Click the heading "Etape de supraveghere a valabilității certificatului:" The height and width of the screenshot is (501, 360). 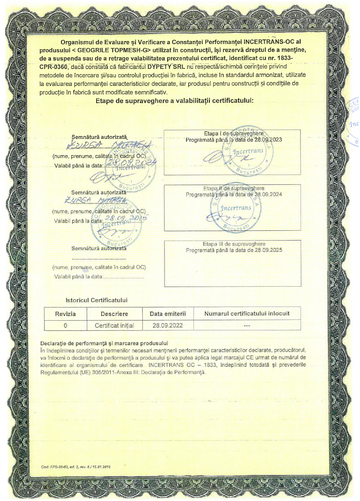point(175,101)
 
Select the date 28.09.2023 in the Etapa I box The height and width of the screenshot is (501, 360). point(268,139)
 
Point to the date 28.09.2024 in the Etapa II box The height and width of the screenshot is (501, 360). point(268,194)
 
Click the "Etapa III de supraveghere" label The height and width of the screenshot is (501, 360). point(234,244)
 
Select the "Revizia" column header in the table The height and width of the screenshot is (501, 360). point(65,314)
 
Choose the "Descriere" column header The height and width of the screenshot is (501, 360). point(114,314)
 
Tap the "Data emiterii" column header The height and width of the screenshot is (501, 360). point(168,314)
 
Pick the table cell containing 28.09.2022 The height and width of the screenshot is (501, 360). point(168,325)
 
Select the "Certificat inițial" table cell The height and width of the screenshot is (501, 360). point(114,325)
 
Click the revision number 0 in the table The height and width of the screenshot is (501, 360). point(65,325)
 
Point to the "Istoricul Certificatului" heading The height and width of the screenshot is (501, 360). point(97,300)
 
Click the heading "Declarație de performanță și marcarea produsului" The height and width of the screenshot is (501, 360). point(104,343)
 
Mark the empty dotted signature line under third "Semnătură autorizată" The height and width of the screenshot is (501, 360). point(99,259)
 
